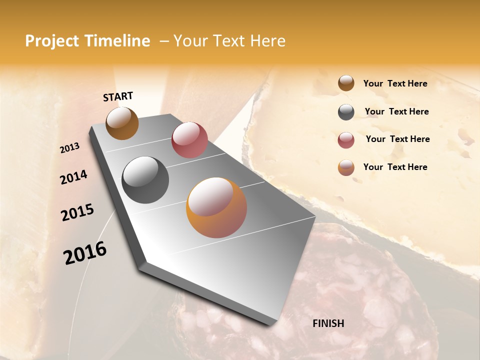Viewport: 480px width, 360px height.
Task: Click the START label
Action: coord(118,96)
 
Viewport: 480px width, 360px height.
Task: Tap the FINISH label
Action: coord(328,323)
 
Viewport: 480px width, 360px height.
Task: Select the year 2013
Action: coord(70,148)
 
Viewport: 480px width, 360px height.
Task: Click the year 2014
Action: coord(73,177)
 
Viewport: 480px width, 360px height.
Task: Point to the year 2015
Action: coord(77,212)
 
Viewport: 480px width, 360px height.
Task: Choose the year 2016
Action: coord(85,253)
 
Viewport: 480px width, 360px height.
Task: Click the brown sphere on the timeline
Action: coord(122,123)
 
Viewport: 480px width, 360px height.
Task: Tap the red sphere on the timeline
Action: coord(189,140)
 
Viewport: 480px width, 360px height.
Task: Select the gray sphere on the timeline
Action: coord(145,180)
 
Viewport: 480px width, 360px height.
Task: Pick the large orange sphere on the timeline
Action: coord(216,207)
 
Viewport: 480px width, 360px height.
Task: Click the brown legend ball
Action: coord(346,83)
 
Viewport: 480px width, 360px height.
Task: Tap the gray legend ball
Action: coord(346,112)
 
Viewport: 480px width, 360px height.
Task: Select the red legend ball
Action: coord(346,140)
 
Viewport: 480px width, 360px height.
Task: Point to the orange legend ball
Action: coord(346,167)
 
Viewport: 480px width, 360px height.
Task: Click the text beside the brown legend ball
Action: coord(395,83)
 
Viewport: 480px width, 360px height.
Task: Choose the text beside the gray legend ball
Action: coord(396,111)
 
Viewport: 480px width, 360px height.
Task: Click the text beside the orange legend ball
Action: coord(395,167)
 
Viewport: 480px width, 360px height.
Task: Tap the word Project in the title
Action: coord(52,41)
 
